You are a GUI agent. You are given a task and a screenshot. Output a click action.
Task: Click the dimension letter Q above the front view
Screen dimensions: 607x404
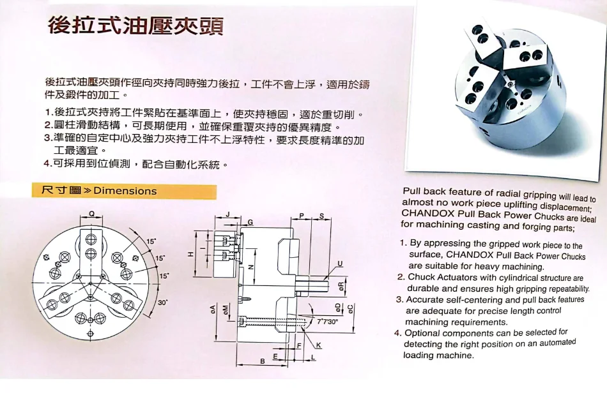pos(92,214)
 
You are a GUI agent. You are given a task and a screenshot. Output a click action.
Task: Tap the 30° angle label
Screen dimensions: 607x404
pos(162,303)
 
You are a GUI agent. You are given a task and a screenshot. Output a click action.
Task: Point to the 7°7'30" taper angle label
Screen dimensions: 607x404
pos(327,321)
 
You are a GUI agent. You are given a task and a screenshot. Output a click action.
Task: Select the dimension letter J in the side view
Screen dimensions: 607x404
pos(228,214)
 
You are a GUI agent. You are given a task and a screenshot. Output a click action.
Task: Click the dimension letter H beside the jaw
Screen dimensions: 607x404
pos(190,254)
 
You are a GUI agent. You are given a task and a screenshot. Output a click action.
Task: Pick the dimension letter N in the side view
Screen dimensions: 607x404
pos(251,267)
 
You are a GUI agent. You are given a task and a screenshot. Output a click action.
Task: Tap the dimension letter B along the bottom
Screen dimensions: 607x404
pos(263,361)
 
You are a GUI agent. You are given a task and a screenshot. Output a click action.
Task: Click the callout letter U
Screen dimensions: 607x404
pos(340,264)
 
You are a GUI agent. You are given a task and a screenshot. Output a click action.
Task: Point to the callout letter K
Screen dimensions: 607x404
pos(318,345)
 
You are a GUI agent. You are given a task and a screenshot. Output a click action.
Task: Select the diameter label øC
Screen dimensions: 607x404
pos(350,309)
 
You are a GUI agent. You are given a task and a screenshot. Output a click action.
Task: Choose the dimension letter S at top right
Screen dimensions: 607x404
pos(321,216)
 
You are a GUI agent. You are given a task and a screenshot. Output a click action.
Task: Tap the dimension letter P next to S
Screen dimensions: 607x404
pos(302,216)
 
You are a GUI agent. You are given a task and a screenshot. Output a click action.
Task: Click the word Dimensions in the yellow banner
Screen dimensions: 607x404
pos(125,191)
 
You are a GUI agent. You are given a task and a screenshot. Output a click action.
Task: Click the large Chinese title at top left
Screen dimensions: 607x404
pos(135,26)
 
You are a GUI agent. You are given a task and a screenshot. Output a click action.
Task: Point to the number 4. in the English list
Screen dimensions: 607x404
pos(398,333)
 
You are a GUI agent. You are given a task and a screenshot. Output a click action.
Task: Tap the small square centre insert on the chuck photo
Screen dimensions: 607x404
pos(509,82)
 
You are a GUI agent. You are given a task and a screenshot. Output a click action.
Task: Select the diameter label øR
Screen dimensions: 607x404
pos(341,287)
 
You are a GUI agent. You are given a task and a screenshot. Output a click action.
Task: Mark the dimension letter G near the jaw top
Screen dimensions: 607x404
pos(250,222)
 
